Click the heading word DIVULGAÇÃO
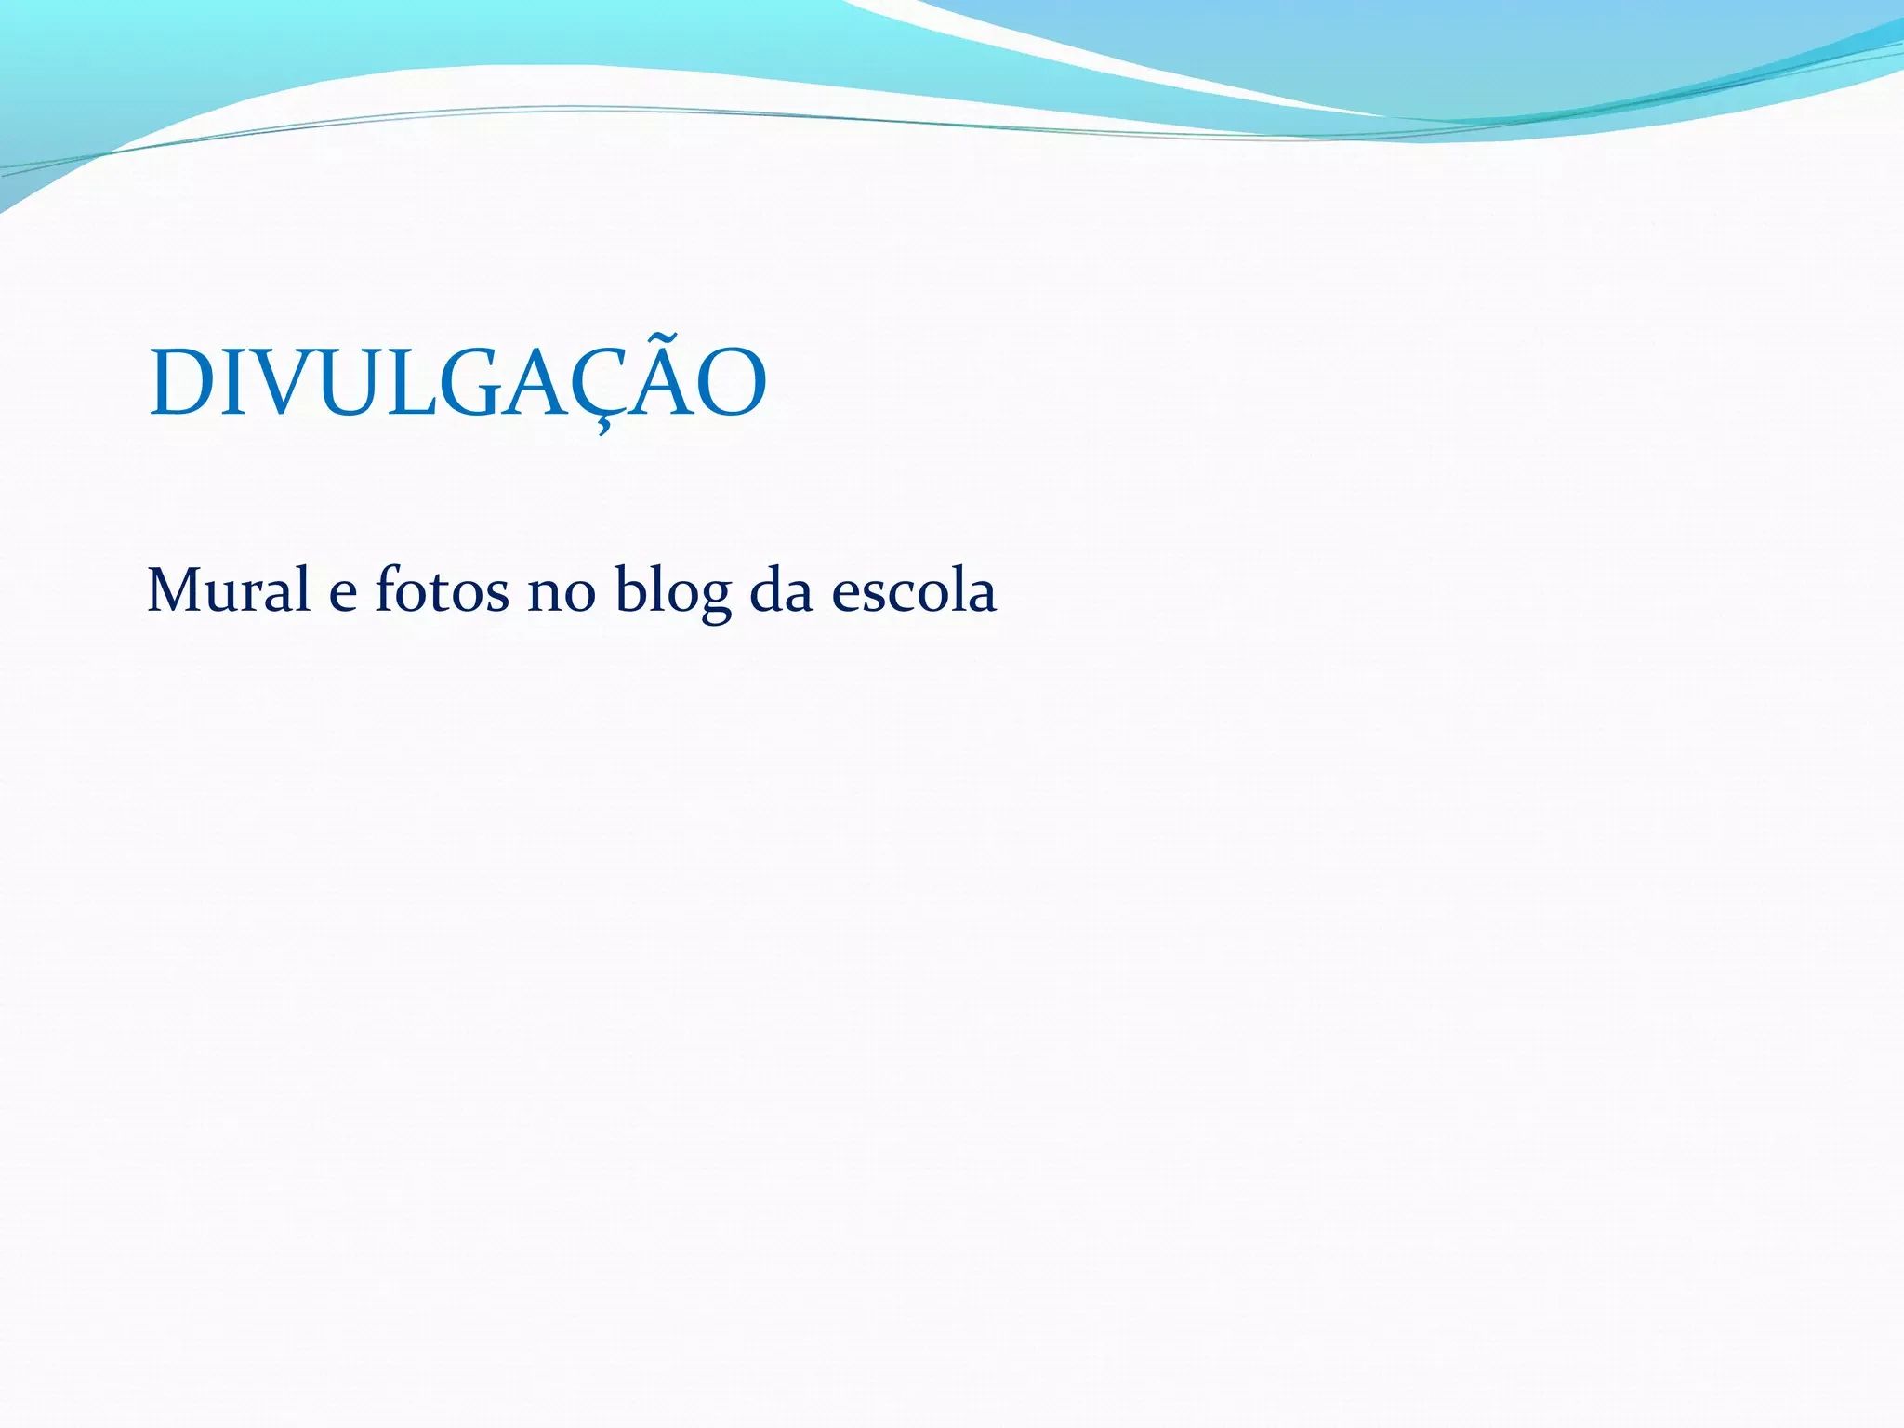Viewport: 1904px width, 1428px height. [457, 383]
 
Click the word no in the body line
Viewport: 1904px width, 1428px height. [562, 592]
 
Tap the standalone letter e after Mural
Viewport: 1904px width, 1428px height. [343, 594]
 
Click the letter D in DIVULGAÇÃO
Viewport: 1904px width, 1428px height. [184, 383]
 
